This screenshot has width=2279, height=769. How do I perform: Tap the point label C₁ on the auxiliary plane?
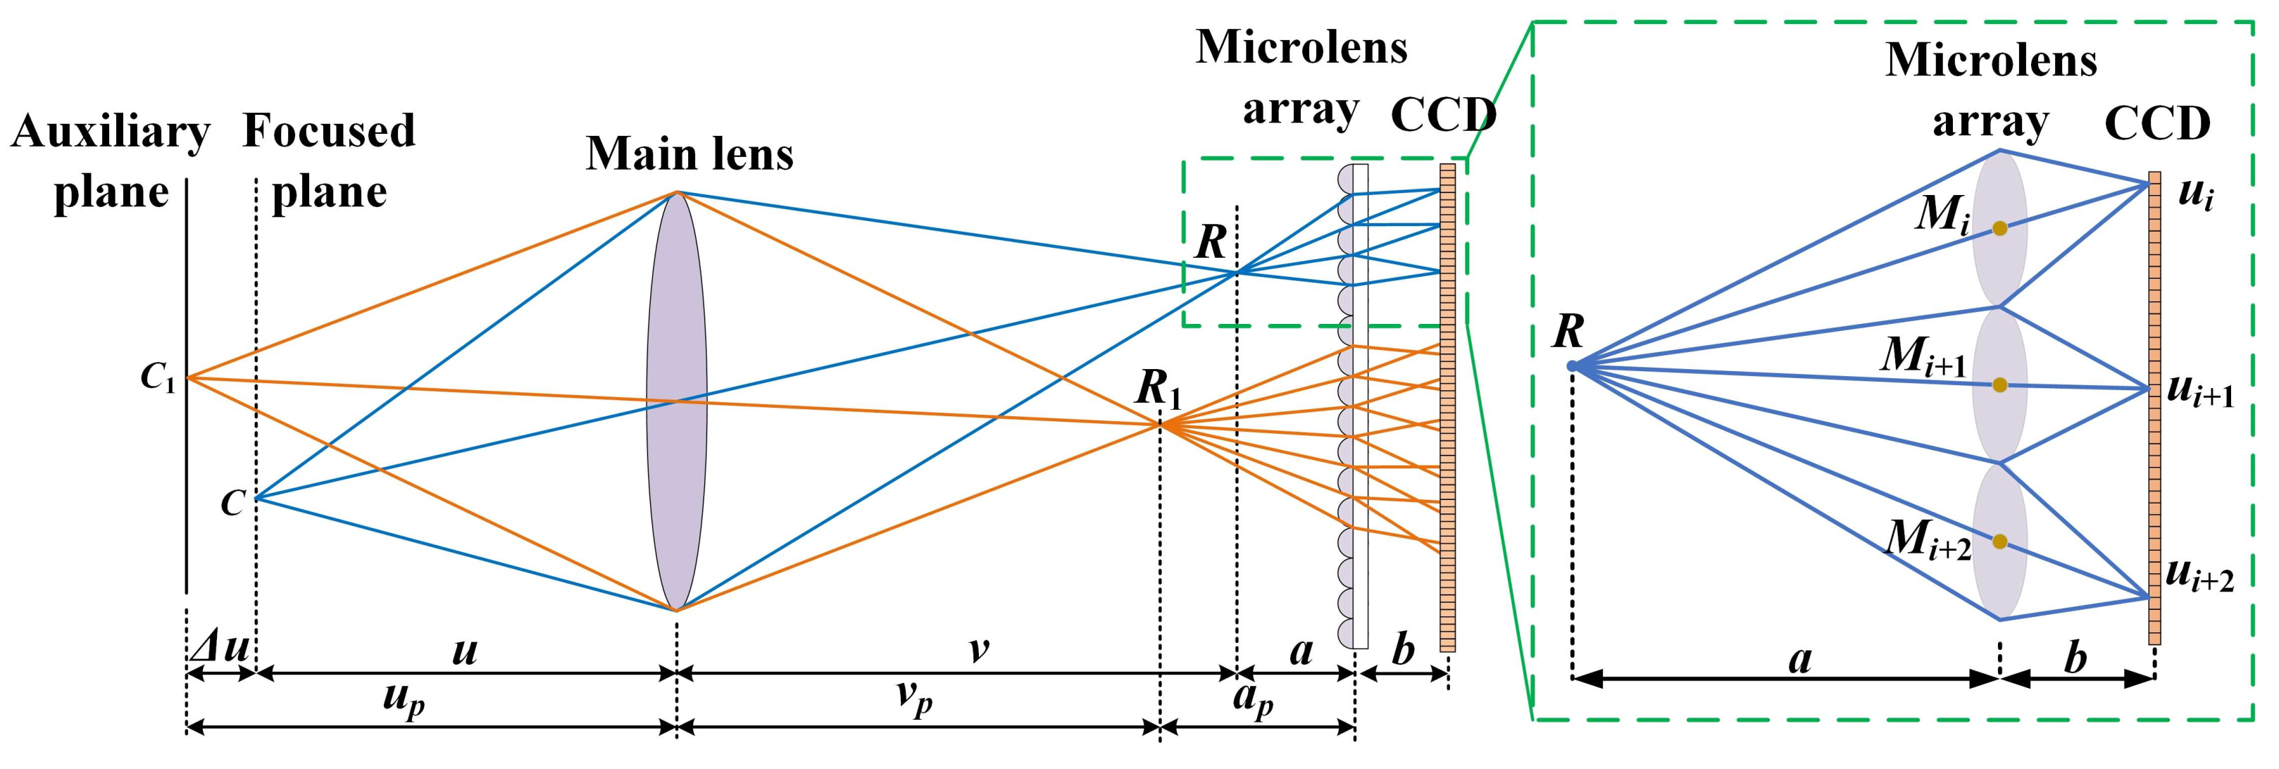tap(158, 379)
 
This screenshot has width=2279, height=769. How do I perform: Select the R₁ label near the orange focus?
tap(1158, 387)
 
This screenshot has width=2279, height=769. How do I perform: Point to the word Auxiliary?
tap(111, 132)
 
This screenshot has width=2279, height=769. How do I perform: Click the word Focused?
tap(329, 131)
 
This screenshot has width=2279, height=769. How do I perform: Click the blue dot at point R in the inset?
tap(1572, 365)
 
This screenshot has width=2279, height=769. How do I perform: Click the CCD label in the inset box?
tap(2157, 124)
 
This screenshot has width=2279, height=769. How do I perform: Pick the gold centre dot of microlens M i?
tap(1999, 228)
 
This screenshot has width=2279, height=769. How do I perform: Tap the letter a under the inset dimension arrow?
tap(1800, 659)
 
